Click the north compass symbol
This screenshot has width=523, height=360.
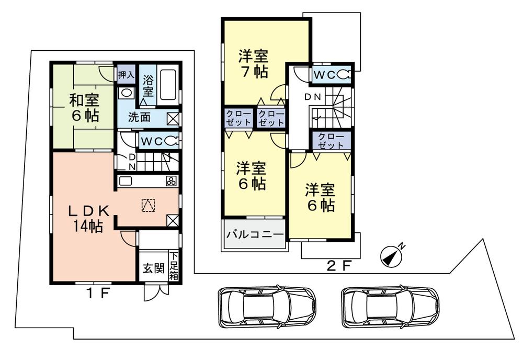tap(391, 255)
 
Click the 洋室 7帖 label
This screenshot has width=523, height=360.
tap(254, 63)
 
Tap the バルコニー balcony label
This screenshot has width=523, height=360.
tap(255, 234)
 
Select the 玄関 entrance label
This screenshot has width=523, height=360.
tap(154, 269)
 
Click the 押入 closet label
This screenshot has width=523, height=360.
tap(126, 75)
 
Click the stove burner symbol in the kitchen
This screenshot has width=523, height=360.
tap(171, 182)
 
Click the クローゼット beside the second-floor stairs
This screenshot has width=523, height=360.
tap(331, 141)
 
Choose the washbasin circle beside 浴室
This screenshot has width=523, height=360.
tap(126, 93)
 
